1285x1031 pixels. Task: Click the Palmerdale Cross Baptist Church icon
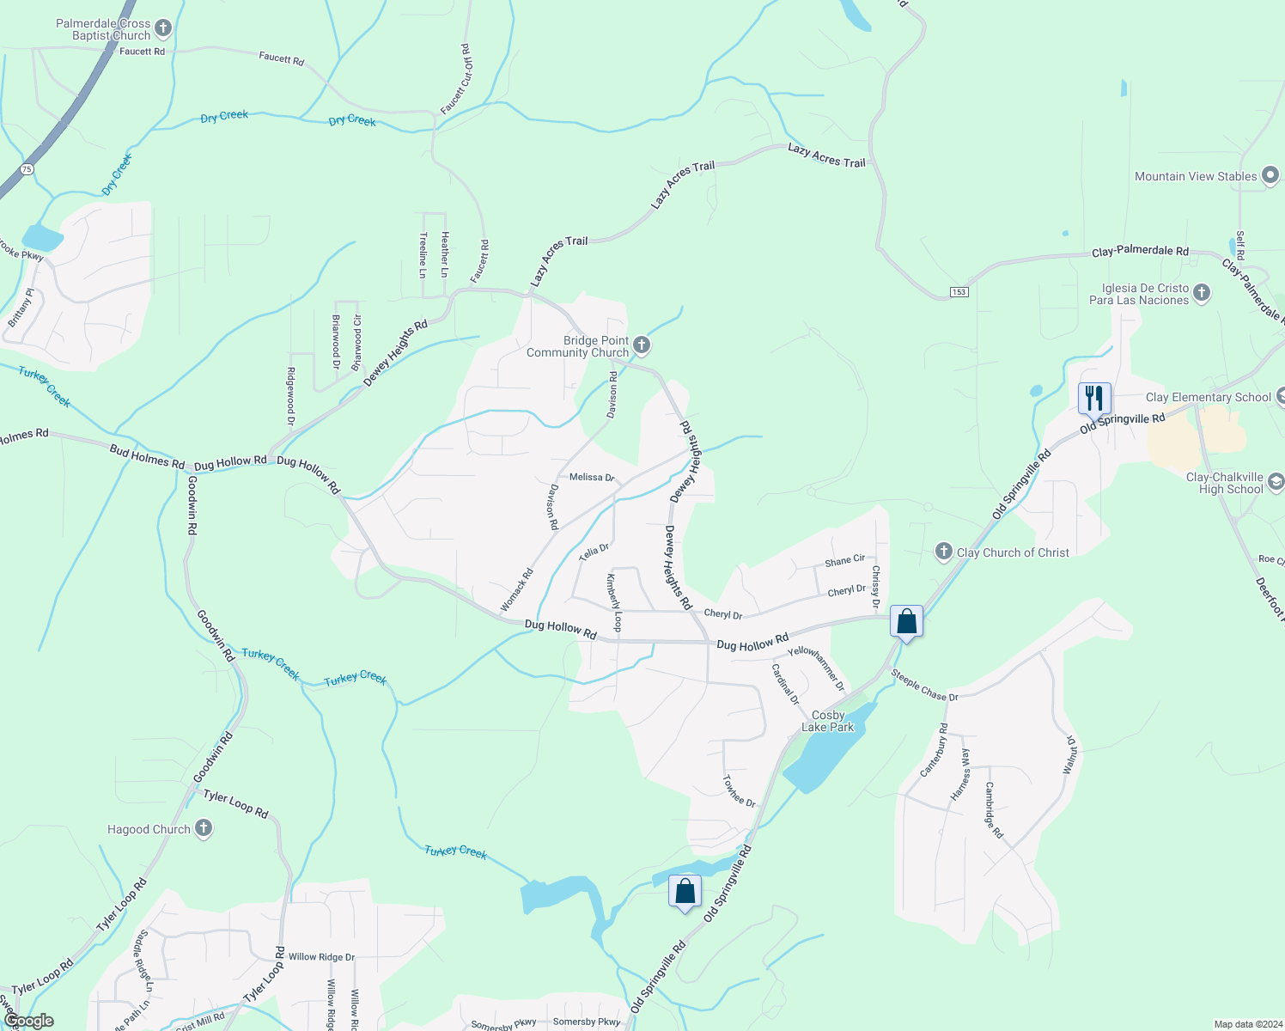point(163,29)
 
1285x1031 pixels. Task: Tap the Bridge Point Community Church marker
point(642,346)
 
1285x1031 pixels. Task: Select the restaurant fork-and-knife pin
point(1093,398)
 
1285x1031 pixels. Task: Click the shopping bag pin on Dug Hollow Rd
point(907,621)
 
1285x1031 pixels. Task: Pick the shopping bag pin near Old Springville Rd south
point(685,891)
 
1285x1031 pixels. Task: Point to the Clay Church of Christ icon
point(944,552)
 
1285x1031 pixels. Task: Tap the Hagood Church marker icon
point(204,828)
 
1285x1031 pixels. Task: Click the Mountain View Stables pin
point(1270,176)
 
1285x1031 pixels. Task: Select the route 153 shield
point(959,292)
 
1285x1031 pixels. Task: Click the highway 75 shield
point(27,169)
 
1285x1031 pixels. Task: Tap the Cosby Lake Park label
point(827,721)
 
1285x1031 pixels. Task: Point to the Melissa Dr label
point(592,477)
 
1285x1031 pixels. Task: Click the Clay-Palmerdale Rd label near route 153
point(1140,252)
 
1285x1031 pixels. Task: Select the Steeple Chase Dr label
point(924,685)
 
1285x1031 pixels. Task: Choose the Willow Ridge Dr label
point(321,956)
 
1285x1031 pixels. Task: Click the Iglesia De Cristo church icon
point(1202,293)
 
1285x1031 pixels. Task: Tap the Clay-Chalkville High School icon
point(1276,481)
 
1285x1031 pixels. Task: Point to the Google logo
point(29,1021)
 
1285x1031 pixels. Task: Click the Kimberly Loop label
point(613,602)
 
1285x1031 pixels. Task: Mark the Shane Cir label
point(844,561)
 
